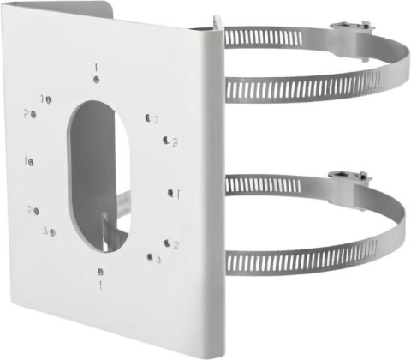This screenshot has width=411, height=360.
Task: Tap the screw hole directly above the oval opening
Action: click(98, 79)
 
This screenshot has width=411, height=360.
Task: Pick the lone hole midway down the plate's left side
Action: click(31, 160)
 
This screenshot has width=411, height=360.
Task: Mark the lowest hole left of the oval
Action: click(50, 230)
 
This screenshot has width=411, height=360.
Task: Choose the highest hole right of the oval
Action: click(152, 117)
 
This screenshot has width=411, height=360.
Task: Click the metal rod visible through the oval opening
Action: click(120, 209)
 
